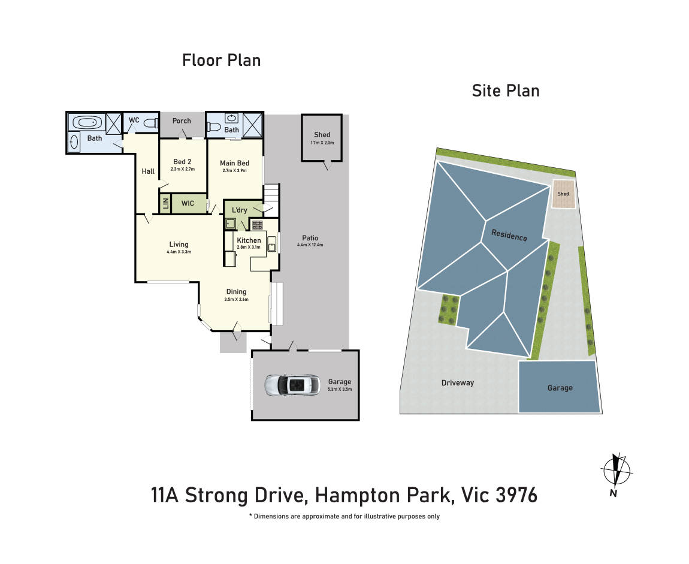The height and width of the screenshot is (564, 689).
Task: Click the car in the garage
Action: [x=292, y=386]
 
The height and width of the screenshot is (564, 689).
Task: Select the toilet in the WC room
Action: [x=150, y=123]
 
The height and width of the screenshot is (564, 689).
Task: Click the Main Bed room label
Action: [x=235, y=163]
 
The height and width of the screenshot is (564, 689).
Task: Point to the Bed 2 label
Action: [x=182, y=162]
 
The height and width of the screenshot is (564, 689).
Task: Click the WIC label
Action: [x=188, y=204]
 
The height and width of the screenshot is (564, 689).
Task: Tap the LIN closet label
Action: [x=165, y=204]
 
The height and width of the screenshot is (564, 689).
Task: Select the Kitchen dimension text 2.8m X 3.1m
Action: [x=249, y=247]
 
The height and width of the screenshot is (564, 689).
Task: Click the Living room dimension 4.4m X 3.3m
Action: [x=179, y=252]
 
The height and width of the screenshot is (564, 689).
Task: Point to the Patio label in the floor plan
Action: [x=310, y=238]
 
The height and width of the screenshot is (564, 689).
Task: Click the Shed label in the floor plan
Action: [x=322, y=135]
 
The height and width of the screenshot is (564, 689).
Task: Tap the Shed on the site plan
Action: [x=564, y=194]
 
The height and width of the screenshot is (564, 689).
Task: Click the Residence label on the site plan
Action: [x=509, y=235]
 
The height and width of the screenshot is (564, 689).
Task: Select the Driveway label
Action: [x=457, y=383]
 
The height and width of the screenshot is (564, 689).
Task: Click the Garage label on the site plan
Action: [x=560, y=388]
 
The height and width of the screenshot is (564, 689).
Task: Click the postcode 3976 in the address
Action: [x=516, y=496]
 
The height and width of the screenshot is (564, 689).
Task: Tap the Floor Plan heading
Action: [x=222, y=60]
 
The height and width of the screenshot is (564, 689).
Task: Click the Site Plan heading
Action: [x=506, y=91]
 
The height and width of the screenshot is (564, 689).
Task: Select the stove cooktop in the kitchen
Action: [x=257, y=225]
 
